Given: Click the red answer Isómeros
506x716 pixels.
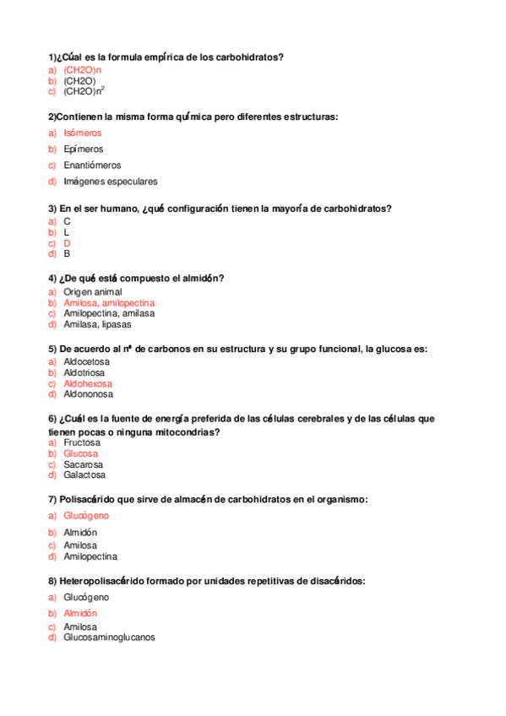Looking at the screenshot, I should tap(82, 133).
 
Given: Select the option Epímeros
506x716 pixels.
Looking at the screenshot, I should tap(83, 149).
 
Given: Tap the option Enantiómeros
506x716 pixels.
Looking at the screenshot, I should tap(92, 165).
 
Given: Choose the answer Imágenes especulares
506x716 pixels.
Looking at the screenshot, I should tap(110, 182).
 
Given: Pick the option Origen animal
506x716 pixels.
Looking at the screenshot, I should tap(92, 292).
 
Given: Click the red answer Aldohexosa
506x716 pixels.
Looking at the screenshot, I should tap(87, 383).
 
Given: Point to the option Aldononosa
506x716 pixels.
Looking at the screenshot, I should tap(88, 394).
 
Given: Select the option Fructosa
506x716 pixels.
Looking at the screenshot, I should tap(82, 442).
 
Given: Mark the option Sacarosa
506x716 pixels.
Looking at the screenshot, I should tap(83, 464).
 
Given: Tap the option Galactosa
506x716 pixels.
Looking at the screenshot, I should tap(84, 475).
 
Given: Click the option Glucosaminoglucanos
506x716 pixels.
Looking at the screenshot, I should tap(109, 638).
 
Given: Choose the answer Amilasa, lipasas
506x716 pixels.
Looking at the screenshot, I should tap(97, 324).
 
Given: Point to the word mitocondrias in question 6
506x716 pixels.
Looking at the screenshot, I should tap(185, 432).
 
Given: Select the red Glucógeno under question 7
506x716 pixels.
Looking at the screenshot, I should tap(85, 516).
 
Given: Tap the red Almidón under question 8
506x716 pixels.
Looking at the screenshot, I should tap(80, 614).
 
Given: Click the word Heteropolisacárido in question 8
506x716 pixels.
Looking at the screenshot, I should tap(104, 582).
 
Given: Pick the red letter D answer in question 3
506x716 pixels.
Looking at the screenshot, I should tap(67, 243).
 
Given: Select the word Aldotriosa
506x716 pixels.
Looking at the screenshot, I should tap(85, 372).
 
